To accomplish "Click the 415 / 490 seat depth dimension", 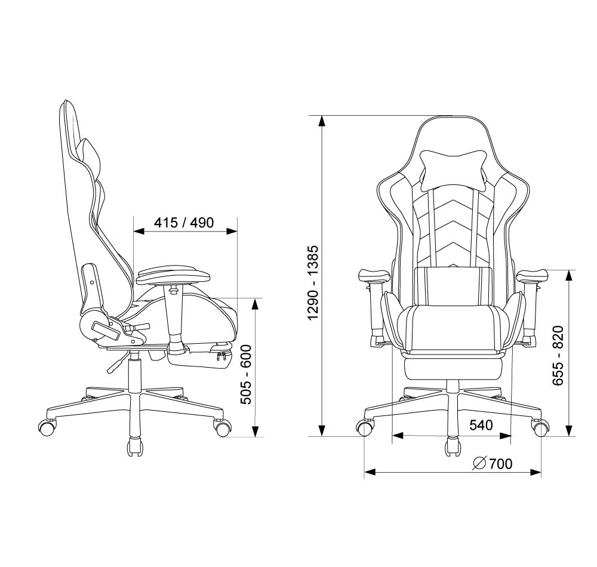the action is (184, 222).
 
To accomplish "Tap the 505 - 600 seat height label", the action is (245, 374).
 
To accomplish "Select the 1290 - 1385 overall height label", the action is (313, 282).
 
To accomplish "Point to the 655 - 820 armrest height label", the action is (558, 355).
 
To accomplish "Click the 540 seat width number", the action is (481, 425).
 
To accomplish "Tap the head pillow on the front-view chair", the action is (454, 170).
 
